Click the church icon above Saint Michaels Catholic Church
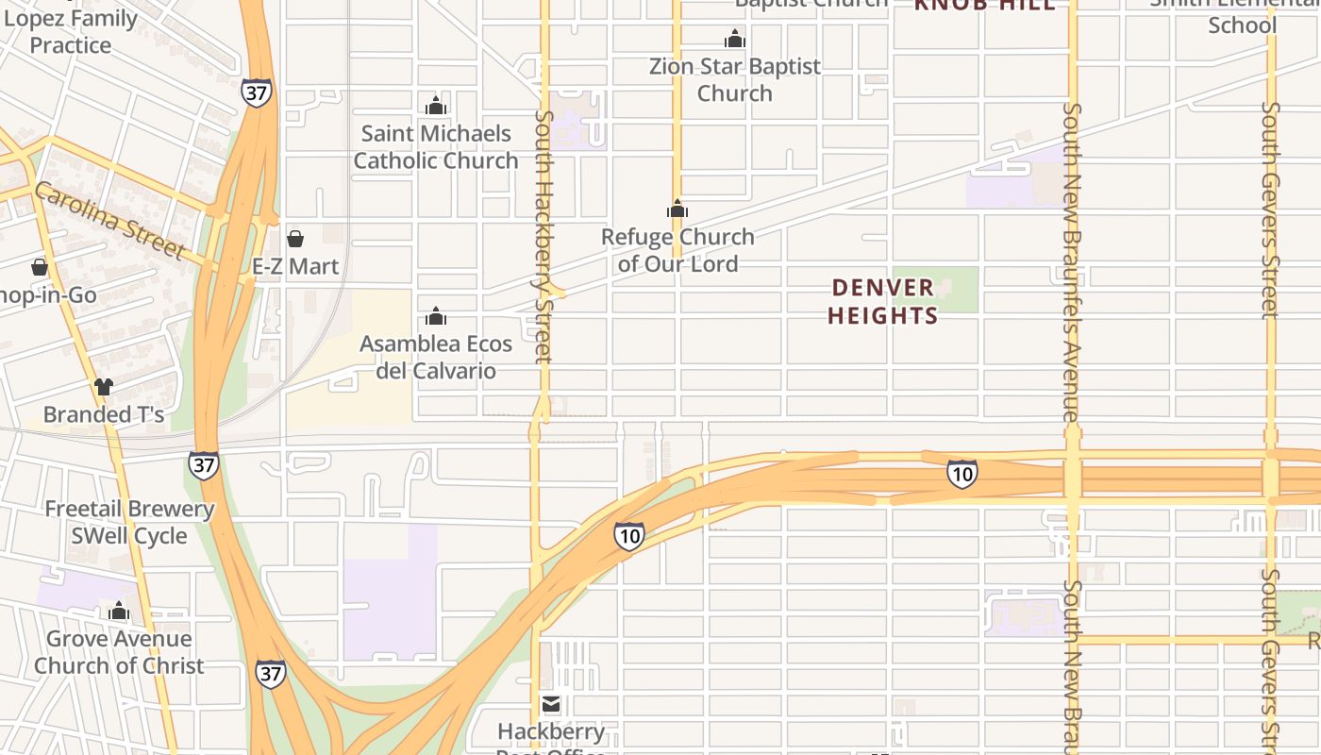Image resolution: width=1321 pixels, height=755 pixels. [x=436, y=105]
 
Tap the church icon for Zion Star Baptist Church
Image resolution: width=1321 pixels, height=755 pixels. [x=735, y=39]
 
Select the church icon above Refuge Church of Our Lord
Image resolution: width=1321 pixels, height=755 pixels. [x=677, y=209]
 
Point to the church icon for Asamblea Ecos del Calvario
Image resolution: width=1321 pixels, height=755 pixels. [x=436, y=315]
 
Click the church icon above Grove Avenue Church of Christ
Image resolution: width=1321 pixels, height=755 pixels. [x=119, y=611]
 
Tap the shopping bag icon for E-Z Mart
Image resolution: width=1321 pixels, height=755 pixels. [x=295, y=238]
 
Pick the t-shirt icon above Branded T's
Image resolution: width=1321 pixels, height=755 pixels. [x=104, y=386]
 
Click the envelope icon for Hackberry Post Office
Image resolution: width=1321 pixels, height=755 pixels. [x=551, y=704]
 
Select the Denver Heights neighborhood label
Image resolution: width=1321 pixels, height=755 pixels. [x=883, y=301]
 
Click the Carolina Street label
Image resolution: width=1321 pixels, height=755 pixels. [x=109, y=222]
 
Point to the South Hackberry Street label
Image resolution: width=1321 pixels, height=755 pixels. [x=543, y=236]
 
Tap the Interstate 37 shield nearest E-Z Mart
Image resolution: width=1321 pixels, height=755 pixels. [x=256, y=92]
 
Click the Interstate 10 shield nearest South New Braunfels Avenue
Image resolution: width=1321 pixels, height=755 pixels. [x=961, y=474]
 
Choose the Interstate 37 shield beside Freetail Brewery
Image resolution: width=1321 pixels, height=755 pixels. [x=203, y=464]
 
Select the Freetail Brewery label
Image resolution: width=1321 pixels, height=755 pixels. [x=130, y=510]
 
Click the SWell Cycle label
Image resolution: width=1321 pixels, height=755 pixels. [x=129, y=536]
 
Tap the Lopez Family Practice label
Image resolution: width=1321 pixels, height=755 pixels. [x=71, y=31]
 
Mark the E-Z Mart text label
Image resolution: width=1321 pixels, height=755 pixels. [x=295, y=266]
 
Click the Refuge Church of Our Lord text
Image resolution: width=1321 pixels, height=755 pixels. [x=678, y=250]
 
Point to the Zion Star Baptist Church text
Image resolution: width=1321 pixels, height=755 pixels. [x=735, y=79]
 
